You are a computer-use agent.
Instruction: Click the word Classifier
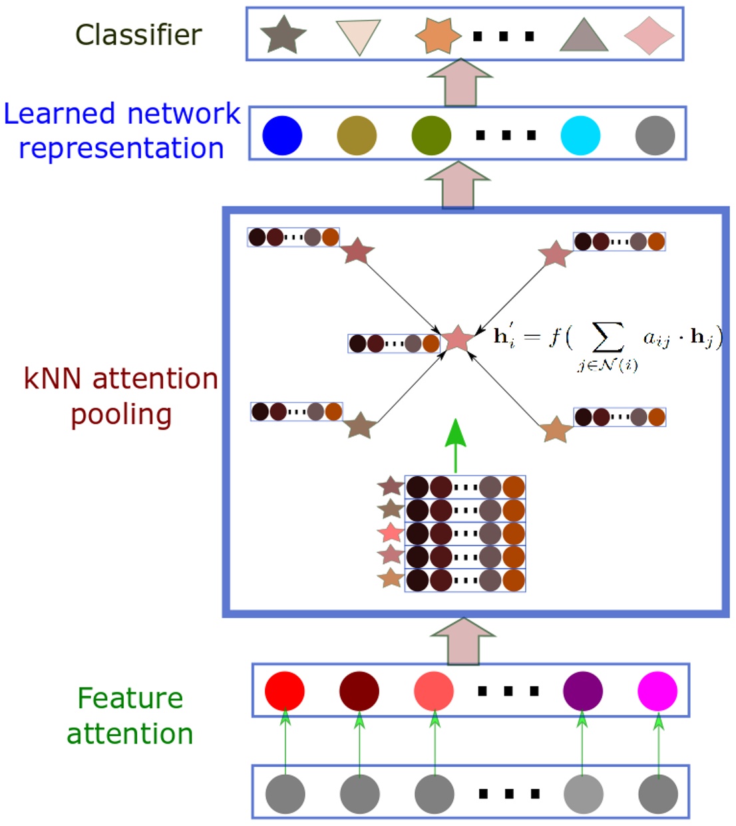coord(138,35)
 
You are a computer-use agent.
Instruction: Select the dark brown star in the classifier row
coord(283,36)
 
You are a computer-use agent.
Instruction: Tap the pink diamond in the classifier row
coord(649,35)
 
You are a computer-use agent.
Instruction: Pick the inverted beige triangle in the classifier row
coord(359,35)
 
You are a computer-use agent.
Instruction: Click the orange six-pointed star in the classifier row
coord(437,35)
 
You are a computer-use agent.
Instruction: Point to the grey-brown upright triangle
coord(584,37)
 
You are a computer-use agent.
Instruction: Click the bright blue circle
coord(282,136)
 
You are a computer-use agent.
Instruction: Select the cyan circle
coord(580,136)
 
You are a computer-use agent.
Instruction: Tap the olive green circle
coord(431,136)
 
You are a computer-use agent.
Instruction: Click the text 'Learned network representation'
coord(122,130)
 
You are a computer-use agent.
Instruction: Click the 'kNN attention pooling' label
coord(120,396)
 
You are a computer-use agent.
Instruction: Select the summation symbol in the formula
coord(608,337)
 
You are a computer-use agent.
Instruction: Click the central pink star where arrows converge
coord(457,339)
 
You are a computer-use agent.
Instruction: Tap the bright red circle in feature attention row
coord(285,691)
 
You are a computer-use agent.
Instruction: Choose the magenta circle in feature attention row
coord(657,691)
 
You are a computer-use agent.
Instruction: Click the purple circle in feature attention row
coord(582,691)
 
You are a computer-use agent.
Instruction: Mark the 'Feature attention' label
coord(130,716)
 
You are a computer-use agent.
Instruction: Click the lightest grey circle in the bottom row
coord(583,793)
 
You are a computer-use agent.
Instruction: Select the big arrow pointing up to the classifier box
coord(460,82)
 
